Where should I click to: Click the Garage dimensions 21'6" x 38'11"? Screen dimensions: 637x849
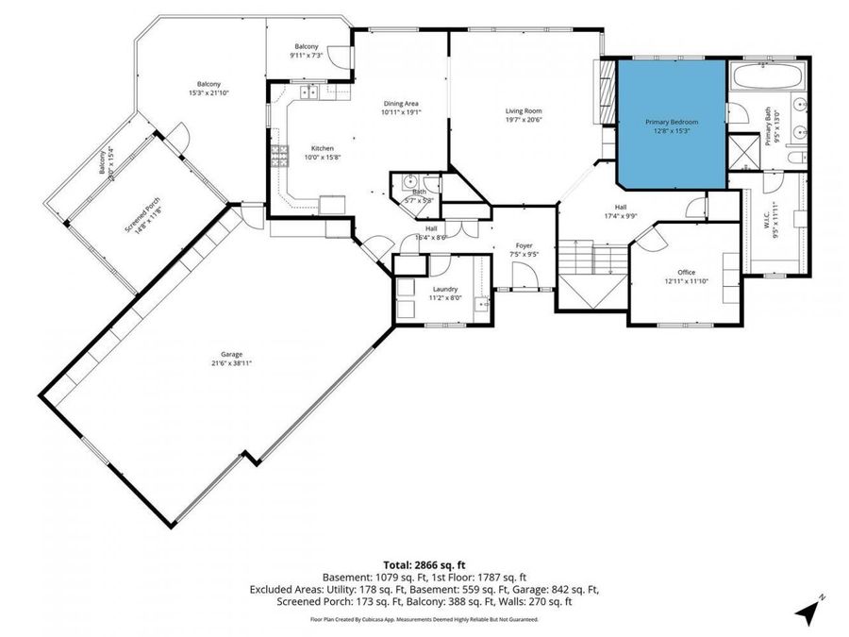[x=231, y=362]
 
